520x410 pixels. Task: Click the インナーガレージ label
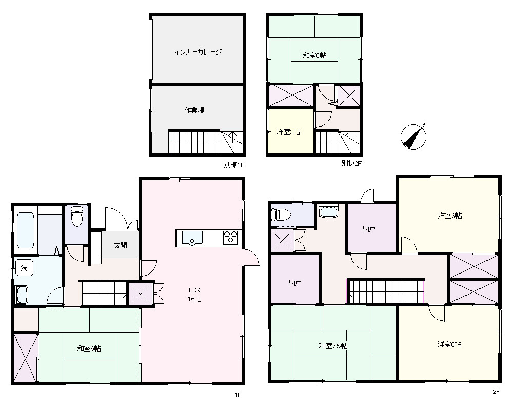click(x=197, y=52)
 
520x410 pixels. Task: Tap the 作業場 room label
click(x=194, y=110)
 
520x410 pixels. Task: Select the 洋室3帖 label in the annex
click(x=289, y=132)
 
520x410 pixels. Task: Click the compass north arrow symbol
click(x=413, y=136)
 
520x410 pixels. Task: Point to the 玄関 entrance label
click(x=121, y=245)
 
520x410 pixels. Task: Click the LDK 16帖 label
click(x=195, y=294)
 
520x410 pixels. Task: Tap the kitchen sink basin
click(x=192, y=238)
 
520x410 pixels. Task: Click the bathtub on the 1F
click(x=26, y=230)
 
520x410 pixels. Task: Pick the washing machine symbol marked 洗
click(x=24, y=268)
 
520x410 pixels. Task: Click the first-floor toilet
click(x=77, y=216)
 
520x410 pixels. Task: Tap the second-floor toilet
click(x=281, y=214)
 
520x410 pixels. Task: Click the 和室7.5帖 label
click(x=333, y=346)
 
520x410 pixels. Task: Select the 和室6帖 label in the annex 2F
click(x=314, y=55)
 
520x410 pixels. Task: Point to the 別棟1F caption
click(x=234, y=165)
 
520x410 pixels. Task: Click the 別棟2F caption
click(x=351, y=163)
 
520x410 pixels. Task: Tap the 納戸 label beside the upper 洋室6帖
click(x=369, y=228)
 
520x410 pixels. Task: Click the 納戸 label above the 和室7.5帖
click(x=295, y=283)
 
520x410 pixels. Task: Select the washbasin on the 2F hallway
click(x=329, y=211)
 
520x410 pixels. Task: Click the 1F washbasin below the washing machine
click(x=22, y=295)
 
